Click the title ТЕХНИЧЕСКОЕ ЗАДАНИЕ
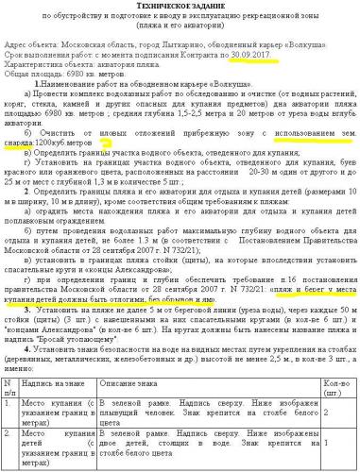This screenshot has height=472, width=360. point(180,6)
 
